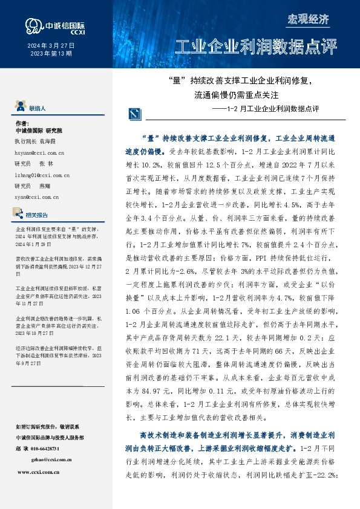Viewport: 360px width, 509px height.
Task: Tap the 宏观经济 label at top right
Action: click(x=308, y=19)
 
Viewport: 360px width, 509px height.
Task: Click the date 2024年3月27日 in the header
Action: click(x=51, y=46)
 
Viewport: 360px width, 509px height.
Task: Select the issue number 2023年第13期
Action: click(x=51, y=54)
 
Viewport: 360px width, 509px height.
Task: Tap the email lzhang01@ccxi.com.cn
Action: click(x=40, y=175)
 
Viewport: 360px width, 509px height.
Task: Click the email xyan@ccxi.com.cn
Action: click(x=36, y=196)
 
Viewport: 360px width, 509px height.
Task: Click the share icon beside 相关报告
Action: click(x=20, y=214)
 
